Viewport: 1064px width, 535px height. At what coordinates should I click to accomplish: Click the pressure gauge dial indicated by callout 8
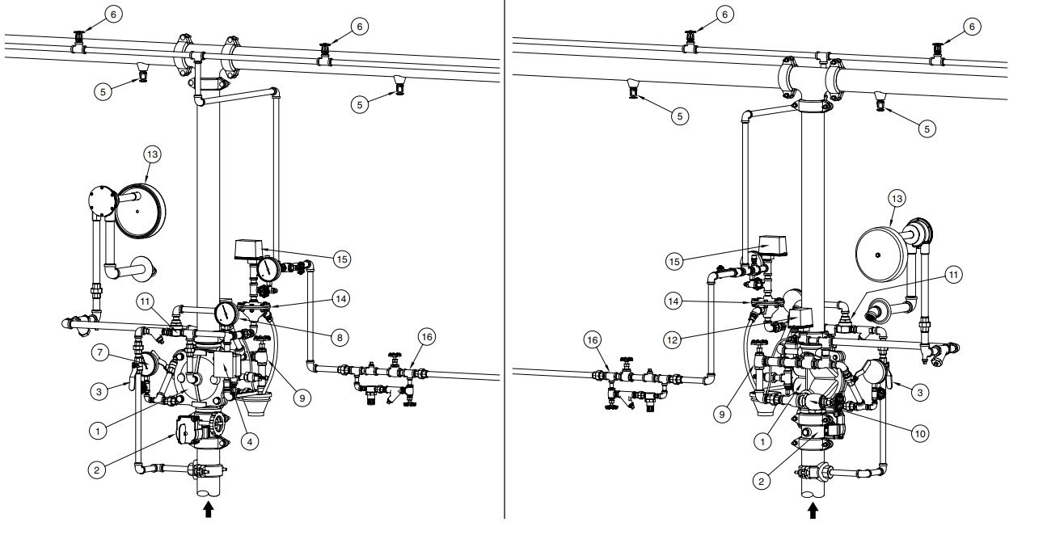click(226, 313)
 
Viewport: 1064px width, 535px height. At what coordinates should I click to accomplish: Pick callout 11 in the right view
click(955, 275)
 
